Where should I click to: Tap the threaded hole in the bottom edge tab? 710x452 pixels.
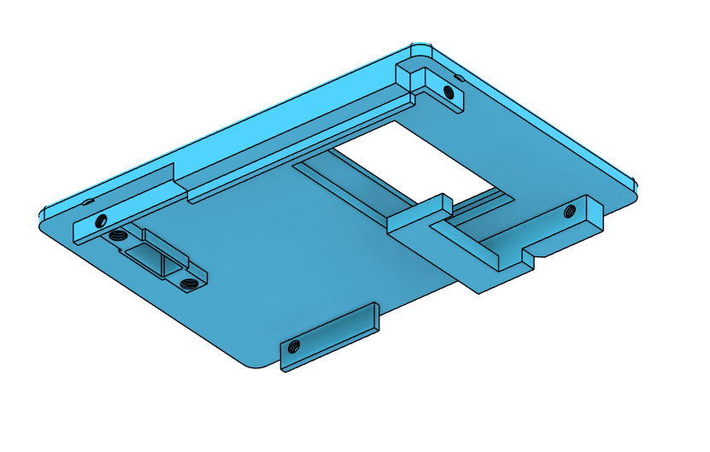(x=293, y=346)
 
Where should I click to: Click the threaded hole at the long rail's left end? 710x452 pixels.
(x=102, y=218)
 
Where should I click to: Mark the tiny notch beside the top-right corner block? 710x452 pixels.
(x=459, y=79)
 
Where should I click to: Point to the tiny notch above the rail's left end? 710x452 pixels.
(x=88, y=202)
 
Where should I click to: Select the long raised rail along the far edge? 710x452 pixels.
(x=299, y=145)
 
